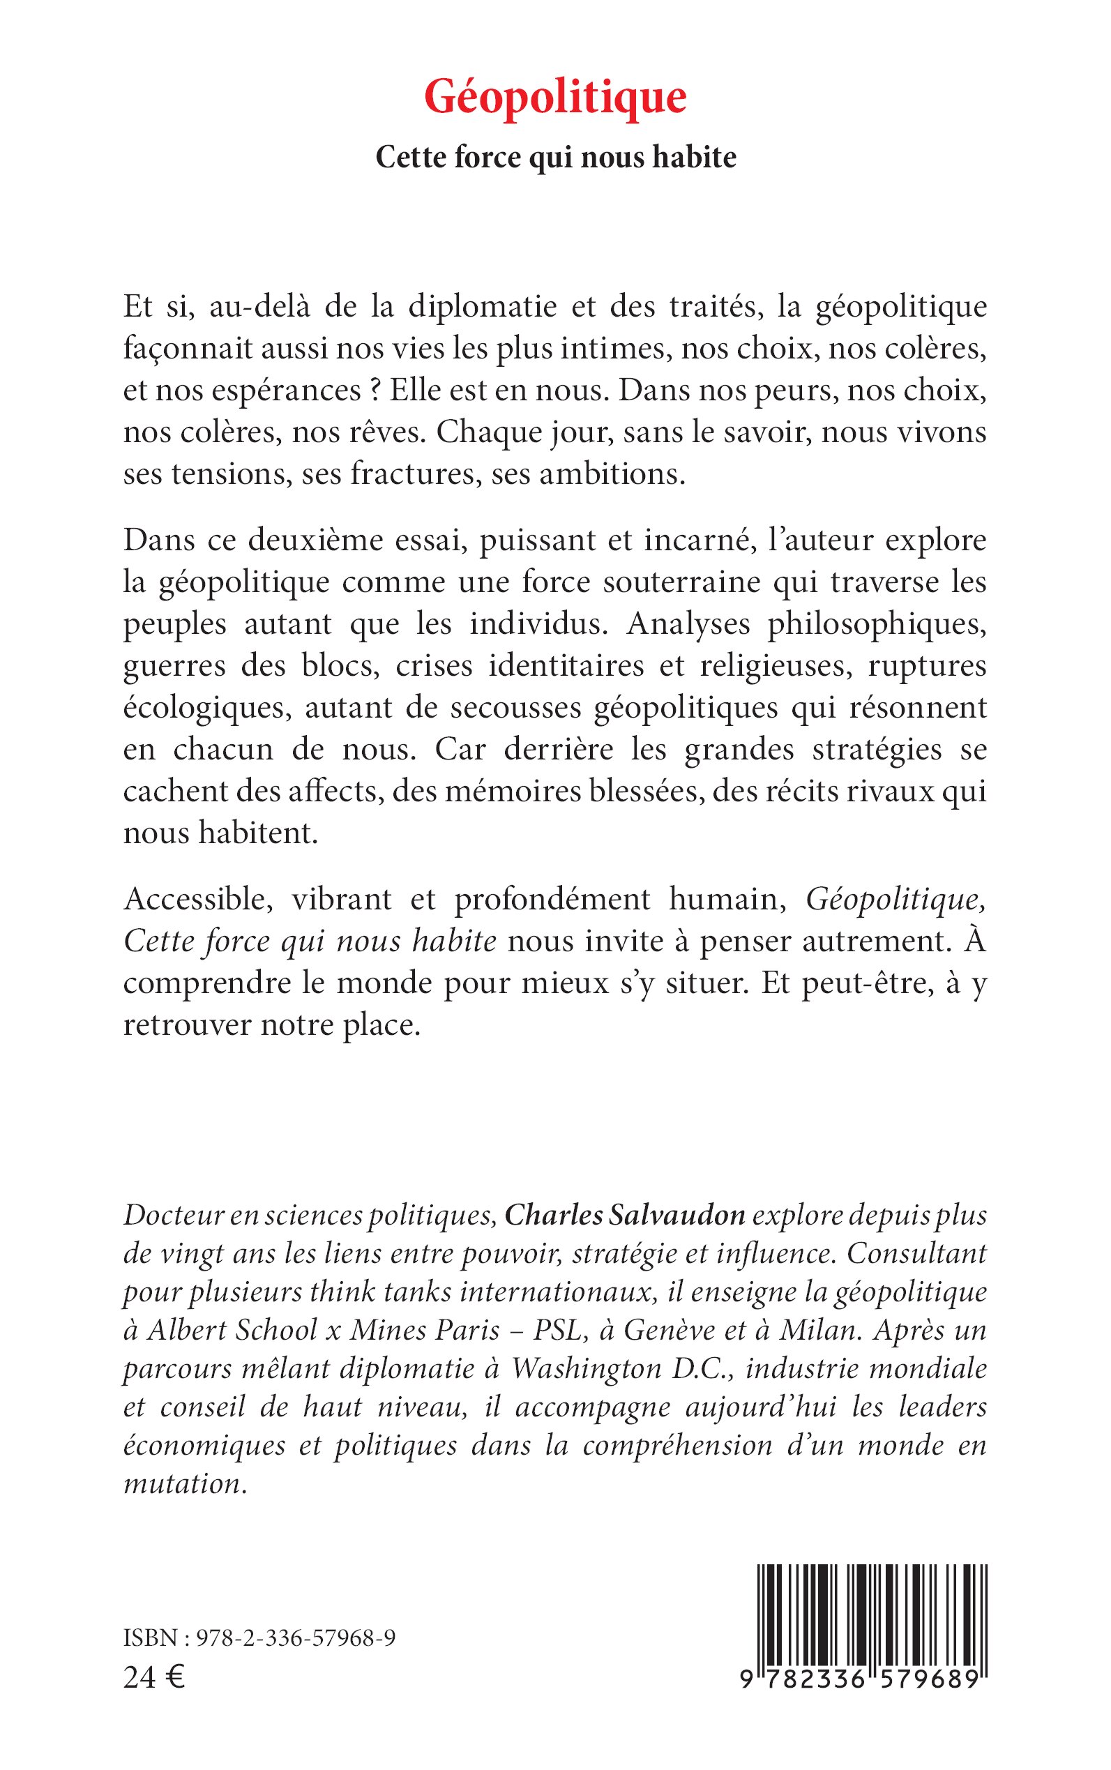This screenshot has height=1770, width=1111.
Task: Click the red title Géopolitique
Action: coord(554,98)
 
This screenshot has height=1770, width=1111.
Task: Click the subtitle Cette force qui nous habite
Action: coord(555,157)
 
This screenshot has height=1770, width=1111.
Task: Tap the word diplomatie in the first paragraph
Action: coord(482,306)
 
